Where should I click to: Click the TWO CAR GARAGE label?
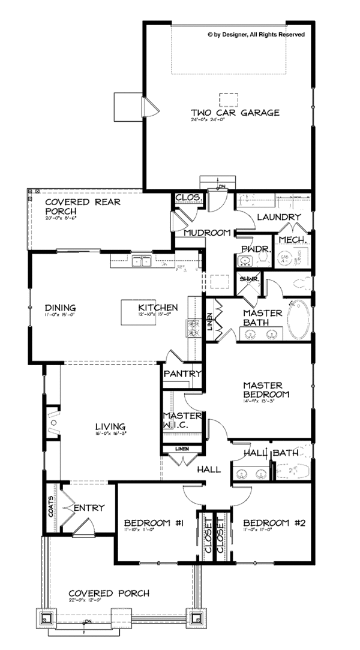click(227, 113)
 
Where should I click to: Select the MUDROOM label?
click(208, 233)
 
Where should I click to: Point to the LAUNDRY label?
click(278, 217)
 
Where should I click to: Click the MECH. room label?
click(293, 240)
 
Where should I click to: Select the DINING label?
click(60, 308)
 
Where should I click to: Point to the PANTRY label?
click(182, 374)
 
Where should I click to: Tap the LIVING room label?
click(110, 426)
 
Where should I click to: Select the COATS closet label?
click(51, 505)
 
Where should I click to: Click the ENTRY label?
click(91, 508)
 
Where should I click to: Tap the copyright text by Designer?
click(256, 35)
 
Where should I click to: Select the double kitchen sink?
click(142, 260)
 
